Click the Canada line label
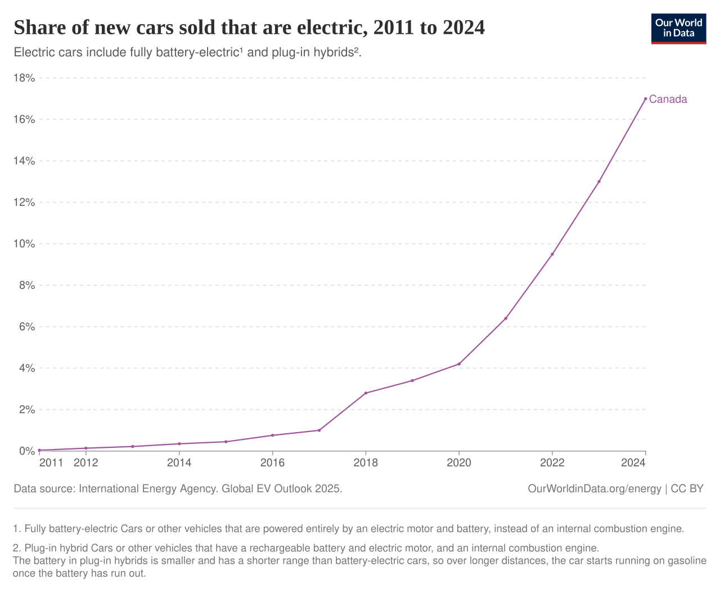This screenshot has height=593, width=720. click(668, 100)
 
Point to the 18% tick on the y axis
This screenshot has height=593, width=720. click(24, 78)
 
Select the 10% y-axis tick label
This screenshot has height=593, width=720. click(24, 244)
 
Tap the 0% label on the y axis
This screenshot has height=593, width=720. click(26, 451)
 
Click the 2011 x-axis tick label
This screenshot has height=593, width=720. click(51, 463)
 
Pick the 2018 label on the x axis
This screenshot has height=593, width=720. click(366, 463)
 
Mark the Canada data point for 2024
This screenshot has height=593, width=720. click(645, 98)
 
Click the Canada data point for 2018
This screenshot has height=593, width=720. click(366, 393)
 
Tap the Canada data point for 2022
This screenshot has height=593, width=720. click(552, 254)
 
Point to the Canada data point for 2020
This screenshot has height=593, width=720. click(459, 364)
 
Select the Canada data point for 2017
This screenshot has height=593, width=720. click(319, 430)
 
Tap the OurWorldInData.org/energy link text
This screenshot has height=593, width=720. click(595, 489)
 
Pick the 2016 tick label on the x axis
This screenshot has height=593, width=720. click(272, 463)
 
